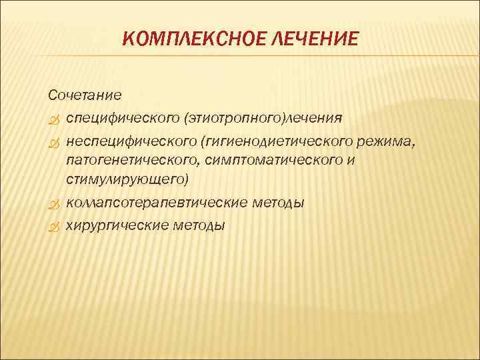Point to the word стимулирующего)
(109, 181)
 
